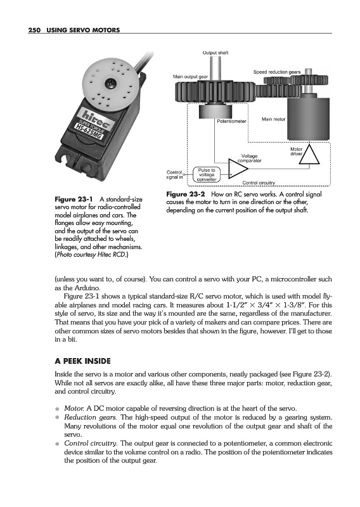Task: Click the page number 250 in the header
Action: pos(34,30)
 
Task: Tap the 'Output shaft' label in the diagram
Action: pos(215,53)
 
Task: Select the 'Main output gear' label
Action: pos(190,77)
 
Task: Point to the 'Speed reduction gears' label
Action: pos(277,72)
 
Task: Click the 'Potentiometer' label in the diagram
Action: pos(231,122)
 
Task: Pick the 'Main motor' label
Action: pos(273,119)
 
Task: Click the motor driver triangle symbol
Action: pos(309,155)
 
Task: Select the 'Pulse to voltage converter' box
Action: pos(207,175)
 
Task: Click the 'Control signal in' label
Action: pos(175,175)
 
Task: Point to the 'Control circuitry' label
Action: pos(259,183)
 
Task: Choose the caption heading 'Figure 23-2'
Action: pos(186,195)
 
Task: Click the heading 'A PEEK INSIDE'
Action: pos(83,361)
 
